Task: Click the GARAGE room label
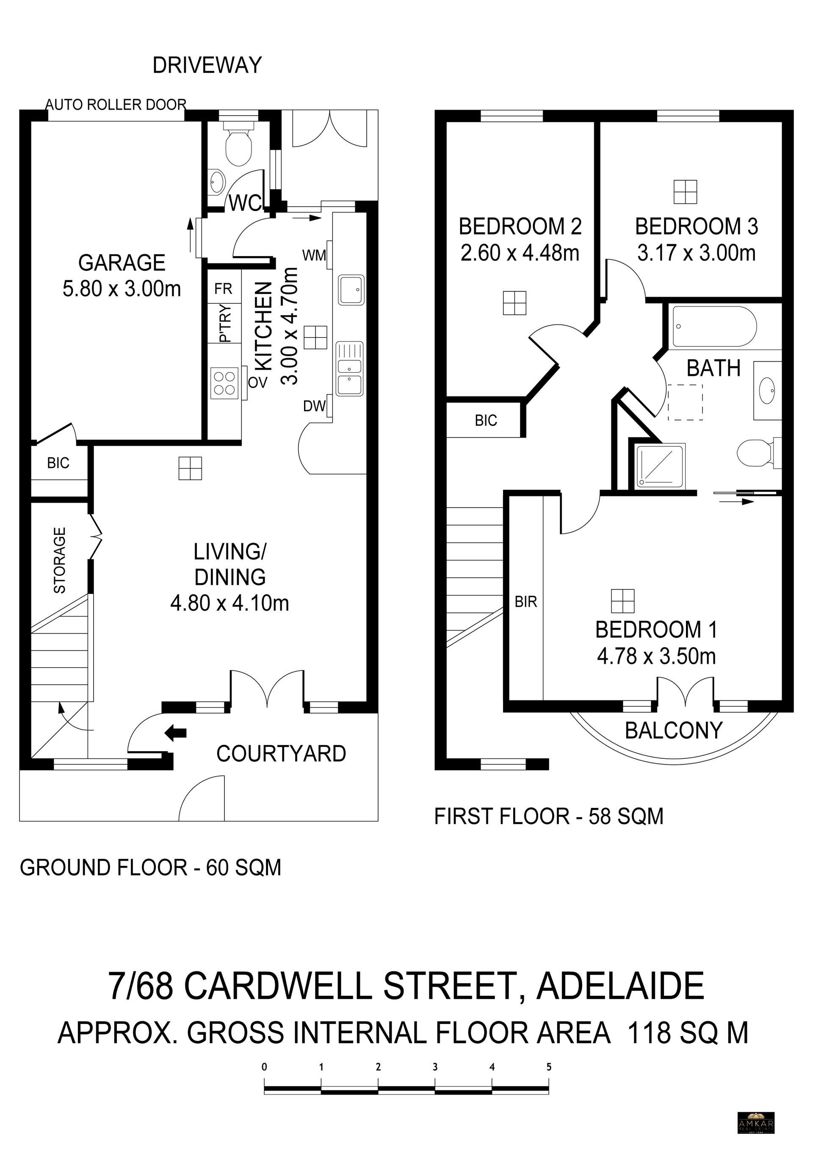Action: [x=122, y=263]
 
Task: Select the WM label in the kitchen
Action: [x=314, y=255]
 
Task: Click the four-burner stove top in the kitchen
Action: [x=224, y=383]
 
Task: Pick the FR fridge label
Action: [x=224, y=289]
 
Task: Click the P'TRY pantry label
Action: [x=226, y=323]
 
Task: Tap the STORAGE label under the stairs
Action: [x=60, y=560]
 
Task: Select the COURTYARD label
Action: [x=281, y=754]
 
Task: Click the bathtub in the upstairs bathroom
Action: [x=714, y=326]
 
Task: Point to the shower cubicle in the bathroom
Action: [x=660, y=466]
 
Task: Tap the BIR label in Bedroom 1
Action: [x=526, y=602]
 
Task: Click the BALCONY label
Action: [x=674, y=730]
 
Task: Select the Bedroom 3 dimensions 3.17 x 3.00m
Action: [x=696, y=253]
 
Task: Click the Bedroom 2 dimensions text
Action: [x=520, y=252]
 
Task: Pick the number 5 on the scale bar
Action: [x=549, y=1067]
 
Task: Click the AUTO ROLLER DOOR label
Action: [x=116, y=105]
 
